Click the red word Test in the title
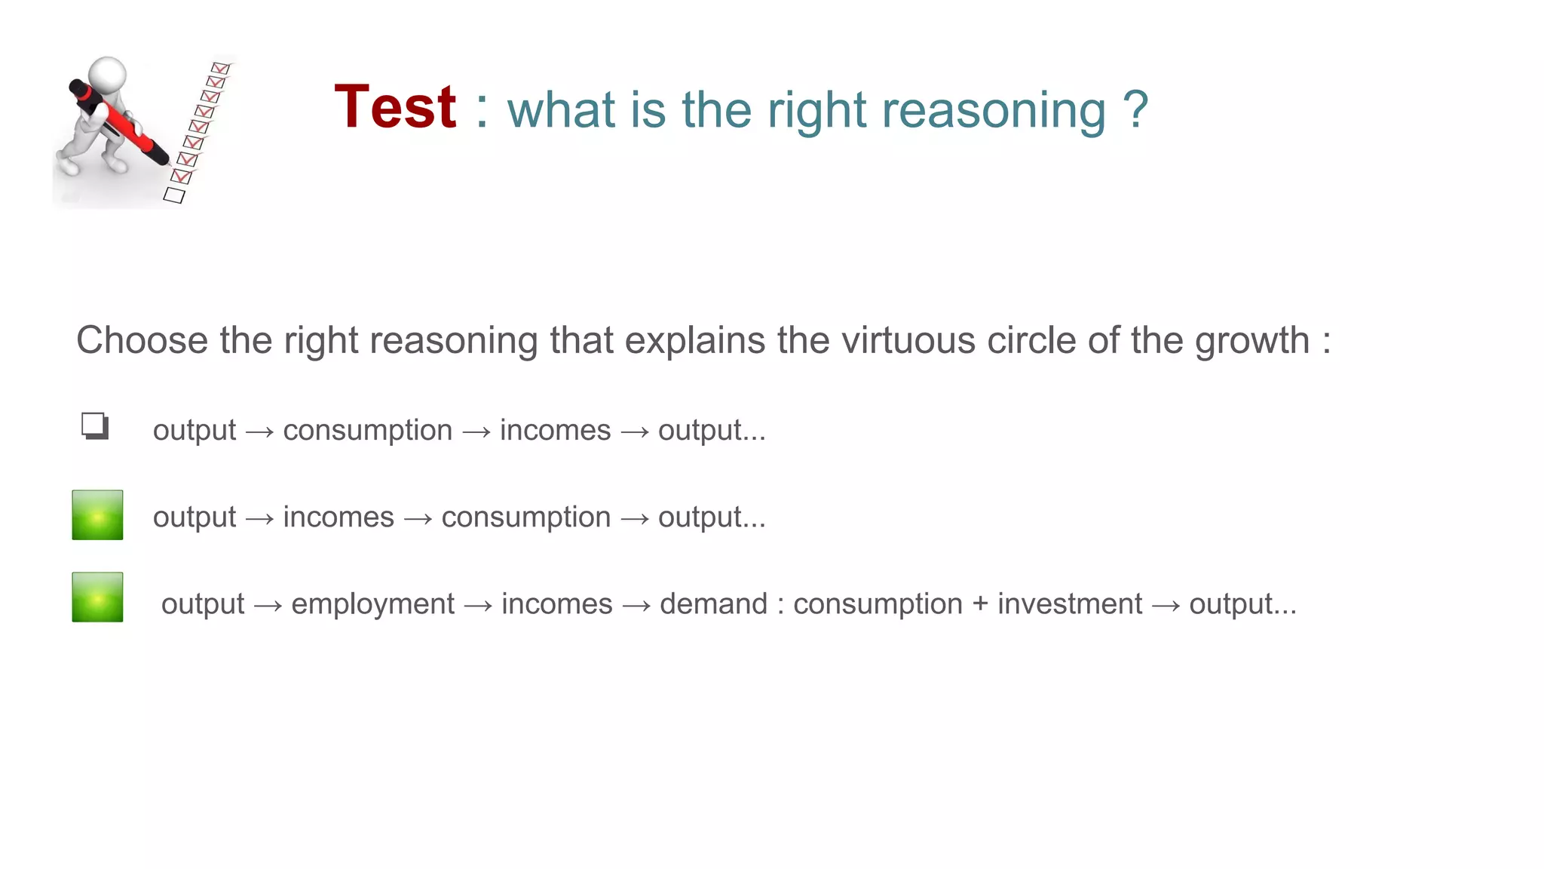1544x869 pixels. pyautogui.click(x=395, y=108)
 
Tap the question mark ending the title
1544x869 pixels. pyautogui.click(x=1135, y=110)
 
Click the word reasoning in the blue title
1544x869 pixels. pyautogui.click(x=993, y=110)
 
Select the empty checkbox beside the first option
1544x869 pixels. pyautogui.click(x=95, y=426)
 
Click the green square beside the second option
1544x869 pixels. pyautogui.click(x=97, y=515)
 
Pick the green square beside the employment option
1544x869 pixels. pyautogui.click(x=97, y=597)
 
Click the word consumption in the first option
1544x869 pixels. pyautogui.click(x=367, y=431)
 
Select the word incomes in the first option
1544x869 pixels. pyautogui.click(x=555, y=431)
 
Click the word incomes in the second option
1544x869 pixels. pyautogui.click(x=339, y=517)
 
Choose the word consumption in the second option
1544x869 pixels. pyautogui.click(x=525, y=517)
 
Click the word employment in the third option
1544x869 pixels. pyautogui.click(x=372, y=604)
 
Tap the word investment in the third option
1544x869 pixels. pyautogui.click(x=1070, y=604)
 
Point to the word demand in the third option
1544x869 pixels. pyautogui.click(x=713, y=604)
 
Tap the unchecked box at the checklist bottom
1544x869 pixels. pyautogui.click(x=174, y=195)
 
